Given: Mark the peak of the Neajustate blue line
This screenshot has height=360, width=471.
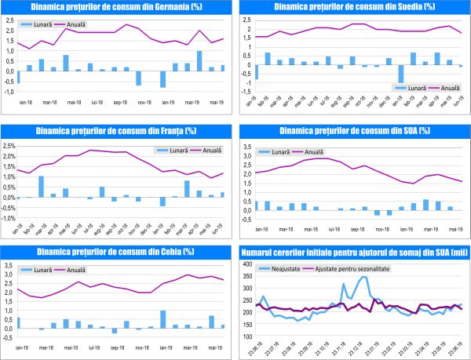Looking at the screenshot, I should coord(364,277).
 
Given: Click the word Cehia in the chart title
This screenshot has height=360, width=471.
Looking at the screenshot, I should coord(158,252).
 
